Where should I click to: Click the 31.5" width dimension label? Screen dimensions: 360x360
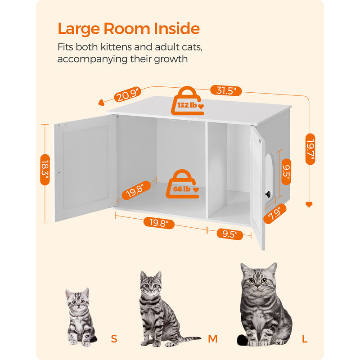[226, 90]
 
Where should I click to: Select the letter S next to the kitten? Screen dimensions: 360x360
[114, 339]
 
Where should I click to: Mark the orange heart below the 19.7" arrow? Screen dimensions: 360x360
[309, 204]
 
